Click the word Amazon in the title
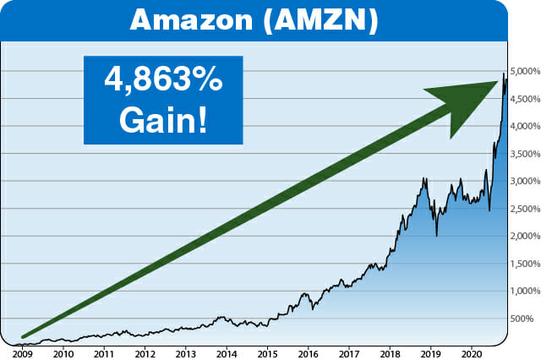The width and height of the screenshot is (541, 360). click(193, 20)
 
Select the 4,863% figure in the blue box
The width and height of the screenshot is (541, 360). click(162, 81)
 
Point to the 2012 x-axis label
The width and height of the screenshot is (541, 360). click(145, 353)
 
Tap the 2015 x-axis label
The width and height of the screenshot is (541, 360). click(268, 353)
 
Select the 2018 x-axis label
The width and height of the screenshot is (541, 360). click(391, 353)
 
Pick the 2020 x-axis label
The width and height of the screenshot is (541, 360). click(473, 353)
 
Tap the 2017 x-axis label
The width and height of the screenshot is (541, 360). click(350, 353)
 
